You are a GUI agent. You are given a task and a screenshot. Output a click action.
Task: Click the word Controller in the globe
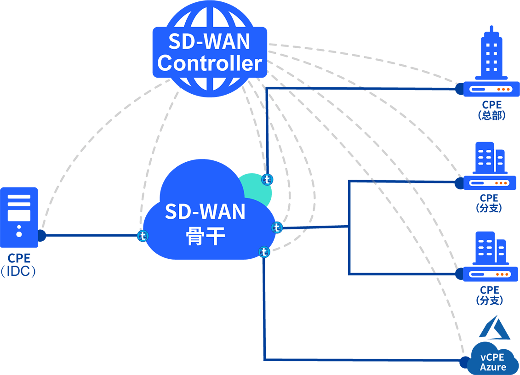tap(210, 63)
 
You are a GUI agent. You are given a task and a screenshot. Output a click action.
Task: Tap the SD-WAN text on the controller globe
tap(209, 41)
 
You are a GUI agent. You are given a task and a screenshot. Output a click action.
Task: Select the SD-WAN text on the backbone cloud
tap(205, 211)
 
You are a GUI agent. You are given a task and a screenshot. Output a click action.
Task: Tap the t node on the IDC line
tap(143, 236)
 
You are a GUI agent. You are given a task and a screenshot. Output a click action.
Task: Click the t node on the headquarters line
tap(267, 180)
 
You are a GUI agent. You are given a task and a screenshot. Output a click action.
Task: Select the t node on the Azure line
tap(264, 252)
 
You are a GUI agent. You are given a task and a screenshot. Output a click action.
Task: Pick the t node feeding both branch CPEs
tap(277, 227)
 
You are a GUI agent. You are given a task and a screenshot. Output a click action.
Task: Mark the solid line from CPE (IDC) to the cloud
tap(92, 236)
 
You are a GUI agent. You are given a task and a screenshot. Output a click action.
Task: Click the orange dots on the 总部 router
tap(503, 90)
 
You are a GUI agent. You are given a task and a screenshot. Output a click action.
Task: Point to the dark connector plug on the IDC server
tap(41, 236)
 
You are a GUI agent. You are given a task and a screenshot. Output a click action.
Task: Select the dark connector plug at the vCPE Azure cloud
tap(464, 361)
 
